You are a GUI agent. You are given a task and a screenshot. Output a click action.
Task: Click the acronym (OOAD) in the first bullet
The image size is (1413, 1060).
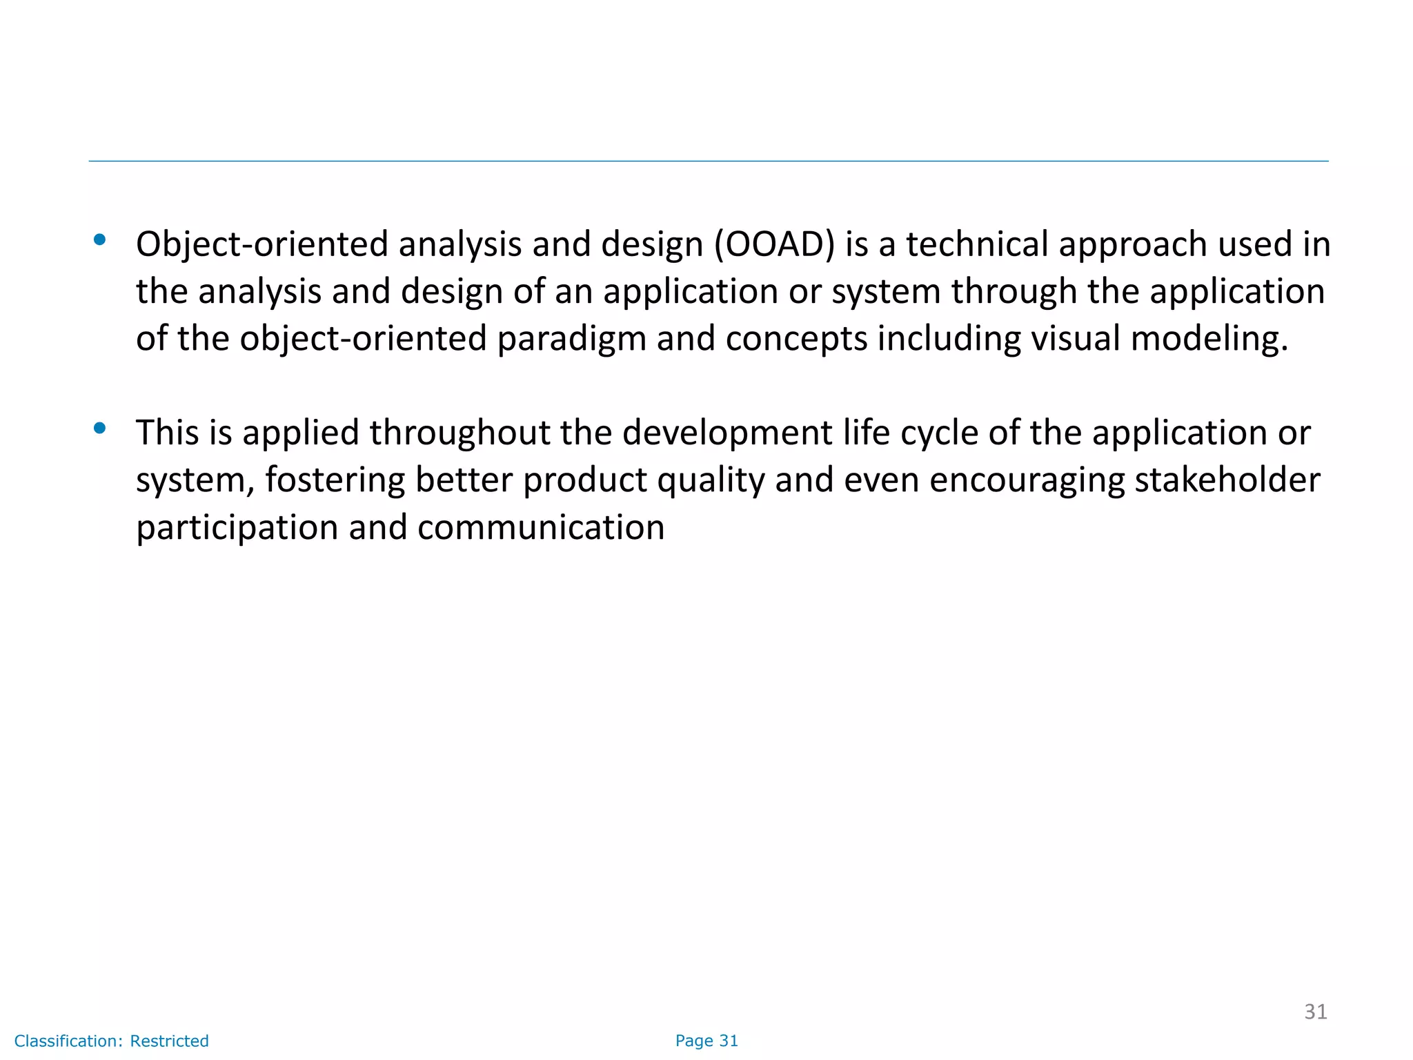775,245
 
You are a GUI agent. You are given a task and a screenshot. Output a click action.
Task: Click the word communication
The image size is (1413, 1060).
541,528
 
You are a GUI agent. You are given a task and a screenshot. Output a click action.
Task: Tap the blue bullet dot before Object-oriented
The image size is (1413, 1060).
100,240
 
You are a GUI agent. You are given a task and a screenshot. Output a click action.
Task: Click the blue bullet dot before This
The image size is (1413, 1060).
100,429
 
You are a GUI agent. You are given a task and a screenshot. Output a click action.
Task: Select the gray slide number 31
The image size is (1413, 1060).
1315,1012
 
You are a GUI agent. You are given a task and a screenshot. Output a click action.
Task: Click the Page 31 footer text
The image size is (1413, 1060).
706,1041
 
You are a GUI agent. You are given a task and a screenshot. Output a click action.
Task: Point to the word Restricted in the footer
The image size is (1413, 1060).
169,1041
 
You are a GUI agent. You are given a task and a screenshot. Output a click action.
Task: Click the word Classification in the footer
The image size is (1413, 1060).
68,1041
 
